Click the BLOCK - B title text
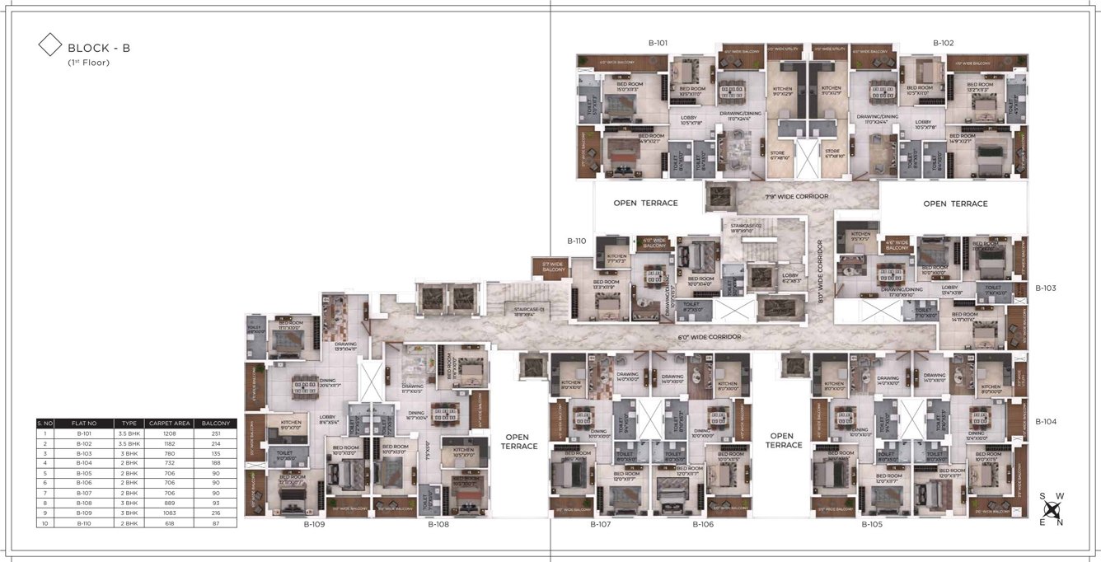[x=98, y=48]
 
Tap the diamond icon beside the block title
[x=50, y=44]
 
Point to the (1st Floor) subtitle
[x=88, y=63]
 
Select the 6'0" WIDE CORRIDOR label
[x=709, y=337]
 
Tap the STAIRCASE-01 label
[x=529, y=309]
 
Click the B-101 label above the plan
[x=657, y=42]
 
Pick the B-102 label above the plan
[x=944, y=42]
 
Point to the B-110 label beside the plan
[x=576, y=241]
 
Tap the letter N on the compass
[x=1060, y=522]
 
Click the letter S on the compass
[x=1042, y=496]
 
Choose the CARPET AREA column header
[x=171, y=423]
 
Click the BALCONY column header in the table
[x=216, y=423]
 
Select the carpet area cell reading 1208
[x=171, y=433]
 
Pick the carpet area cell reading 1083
[x=171, y=513]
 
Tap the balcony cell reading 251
[x=216, y=433]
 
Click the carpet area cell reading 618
[x=171, y=522]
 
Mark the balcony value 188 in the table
[x=216, y=462]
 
